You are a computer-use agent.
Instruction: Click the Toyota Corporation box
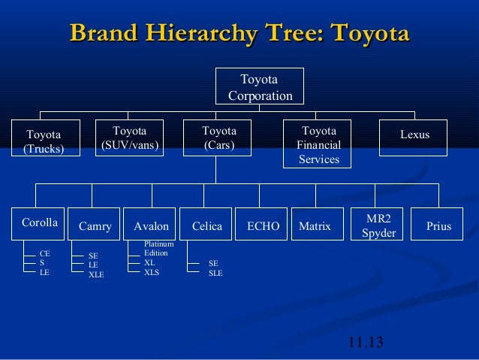[x=260, y=87]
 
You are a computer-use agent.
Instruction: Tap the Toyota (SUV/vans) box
[x=129, y=138]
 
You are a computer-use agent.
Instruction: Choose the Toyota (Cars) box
[x=218, y=138]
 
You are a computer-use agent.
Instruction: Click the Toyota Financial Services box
[x=318, y=144]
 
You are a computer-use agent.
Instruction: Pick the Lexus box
[x=414, y=136]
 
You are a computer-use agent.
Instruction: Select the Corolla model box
[x=39, y=224]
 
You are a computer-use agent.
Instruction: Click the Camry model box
[x=95, y=225]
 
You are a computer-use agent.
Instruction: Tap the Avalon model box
[x=150, y=225]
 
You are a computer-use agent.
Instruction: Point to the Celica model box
[x=206, y=225]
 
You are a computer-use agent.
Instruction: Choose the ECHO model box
[x=262, y=225]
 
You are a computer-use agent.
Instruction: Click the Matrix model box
[x=315, y=225]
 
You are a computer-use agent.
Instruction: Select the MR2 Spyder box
[x=378, y=225]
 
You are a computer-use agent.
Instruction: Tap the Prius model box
[x=438, y=225]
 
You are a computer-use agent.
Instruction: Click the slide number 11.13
[x=366, y=343]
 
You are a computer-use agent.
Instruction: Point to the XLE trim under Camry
[x=96, y=274]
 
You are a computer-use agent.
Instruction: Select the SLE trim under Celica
[x=215, y=273]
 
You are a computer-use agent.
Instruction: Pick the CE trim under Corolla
[x=45, y=254]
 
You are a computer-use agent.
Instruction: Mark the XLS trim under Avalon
[x=152, y=272]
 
